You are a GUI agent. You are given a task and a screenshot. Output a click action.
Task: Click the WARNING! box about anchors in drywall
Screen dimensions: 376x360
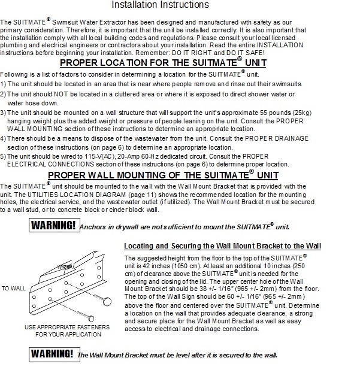54,226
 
